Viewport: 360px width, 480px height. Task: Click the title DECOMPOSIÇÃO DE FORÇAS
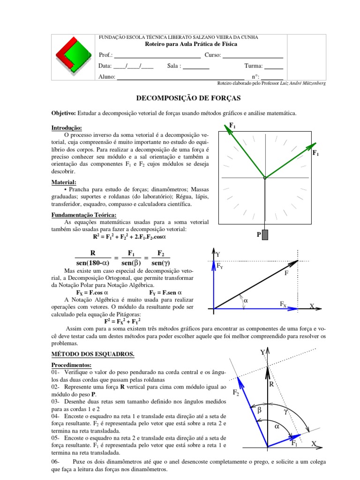pos(187,98)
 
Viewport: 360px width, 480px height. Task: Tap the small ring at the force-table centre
pos(265,178)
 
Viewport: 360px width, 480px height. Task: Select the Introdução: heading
pos(66,128)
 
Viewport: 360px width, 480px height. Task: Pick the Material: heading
pos(64,182)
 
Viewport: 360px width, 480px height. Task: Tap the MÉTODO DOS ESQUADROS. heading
pos(92,354)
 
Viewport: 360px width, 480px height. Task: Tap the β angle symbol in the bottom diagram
pos(259,410)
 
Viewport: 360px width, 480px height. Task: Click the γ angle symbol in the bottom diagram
pos(286,411)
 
